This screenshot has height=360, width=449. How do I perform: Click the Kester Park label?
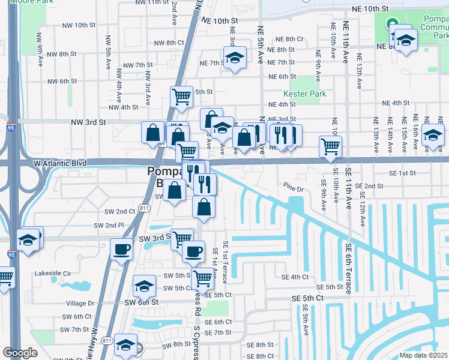[304, 94]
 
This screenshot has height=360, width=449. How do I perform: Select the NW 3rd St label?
[88, 122]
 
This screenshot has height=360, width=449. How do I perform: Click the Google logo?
[20, 353]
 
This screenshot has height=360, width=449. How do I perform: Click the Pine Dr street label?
[295, 190]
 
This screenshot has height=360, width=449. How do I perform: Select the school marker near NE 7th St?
[234, 58]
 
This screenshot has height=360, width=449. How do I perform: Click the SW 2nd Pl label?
[109, 225]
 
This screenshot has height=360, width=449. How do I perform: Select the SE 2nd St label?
[369, 186]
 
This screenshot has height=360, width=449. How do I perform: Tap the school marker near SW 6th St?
[144, 286]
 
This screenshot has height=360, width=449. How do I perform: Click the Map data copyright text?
[424, 355]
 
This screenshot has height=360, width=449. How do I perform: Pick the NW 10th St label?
[79, 25]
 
